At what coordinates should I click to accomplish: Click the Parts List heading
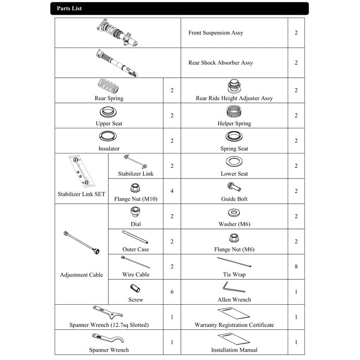click(69, 9)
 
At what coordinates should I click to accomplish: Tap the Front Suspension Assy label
click(216, 33)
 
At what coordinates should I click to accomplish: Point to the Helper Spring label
click(234, 123)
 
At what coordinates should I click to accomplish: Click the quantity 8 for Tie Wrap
click(296, 266)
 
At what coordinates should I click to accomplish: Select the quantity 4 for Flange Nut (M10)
click(172, 191)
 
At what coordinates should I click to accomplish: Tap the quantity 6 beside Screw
click(172, 292)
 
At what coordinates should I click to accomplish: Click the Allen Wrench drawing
click(234, 287)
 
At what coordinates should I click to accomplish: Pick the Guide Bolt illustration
click(234, 187)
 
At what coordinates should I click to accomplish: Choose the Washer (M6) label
click(234, 224)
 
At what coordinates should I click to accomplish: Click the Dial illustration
click(135, 211)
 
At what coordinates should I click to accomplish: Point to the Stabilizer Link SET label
click(81, 194)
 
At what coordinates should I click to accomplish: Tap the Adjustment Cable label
click(81, 275)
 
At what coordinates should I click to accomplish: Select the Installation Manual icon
click(233, 339)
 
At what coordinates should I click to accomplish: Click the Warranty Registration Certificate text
click(234, 325)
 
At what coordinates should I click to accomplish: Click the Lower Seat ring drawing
click(234, 162)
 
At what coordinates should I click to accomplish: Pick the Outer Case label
click(135, 249)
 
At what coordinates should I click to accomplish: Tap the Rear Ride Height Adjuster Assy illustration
click(234, 86)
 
